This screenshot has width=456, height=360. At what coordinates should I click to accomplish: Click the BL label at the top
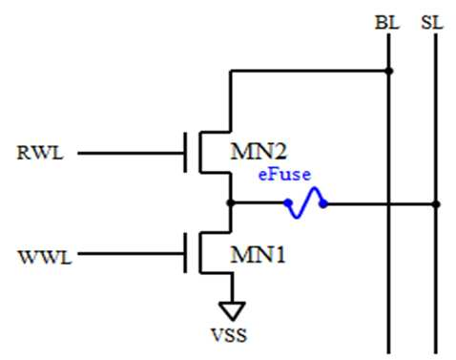point(387,23)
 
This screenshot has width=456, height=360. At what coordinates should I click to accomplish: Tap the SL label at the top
point(432,23)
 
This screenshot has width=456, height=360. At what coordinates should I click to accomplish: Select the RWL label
point(40,153)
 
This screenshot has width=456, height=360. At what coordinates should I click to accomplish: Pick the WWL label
point(45,257)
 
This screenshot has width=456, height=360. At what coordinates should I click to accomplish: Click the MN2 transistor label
point(259,152)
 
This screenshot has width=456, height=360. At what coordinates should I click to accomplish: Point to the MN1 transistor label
point(258,255)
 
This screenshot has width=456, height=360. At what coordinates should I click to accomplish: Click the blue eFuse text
point(284,175)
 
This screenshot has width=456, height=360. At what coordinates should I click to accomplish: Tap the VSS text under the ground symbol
point(229,335)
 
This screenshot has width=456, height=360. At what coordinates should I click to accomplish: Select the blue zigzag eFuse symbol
point(305,202)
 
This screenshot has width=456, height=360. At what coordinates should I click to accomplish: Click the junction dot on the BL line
point(389,71)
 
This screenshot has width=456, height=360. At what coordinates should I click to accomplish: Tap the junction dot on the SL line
point(436,203)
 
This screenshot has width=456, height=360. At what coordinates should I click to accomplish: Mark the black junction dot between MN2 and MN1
point(231,202)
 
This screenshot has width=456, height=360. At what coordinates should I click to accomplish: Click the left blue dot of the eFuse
point(288,202)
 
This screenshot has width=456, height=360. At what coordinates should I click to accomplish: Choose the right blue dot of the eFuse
point(323,203)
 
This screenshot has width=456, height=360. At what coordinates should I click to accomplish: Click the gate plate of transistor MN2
point(185,153)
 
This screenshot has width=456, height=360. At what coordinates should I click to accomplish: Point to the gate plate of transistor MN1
point(185,253)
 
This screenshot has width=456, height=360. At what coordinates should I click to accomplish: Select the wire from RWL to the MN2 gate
point(131,153)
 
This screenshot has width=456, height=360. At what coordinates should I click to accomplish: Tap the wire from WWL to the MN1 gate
point(131,254)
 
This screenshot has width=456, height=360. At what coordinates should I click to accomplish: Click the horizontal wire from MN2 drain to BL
point(309,71)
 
